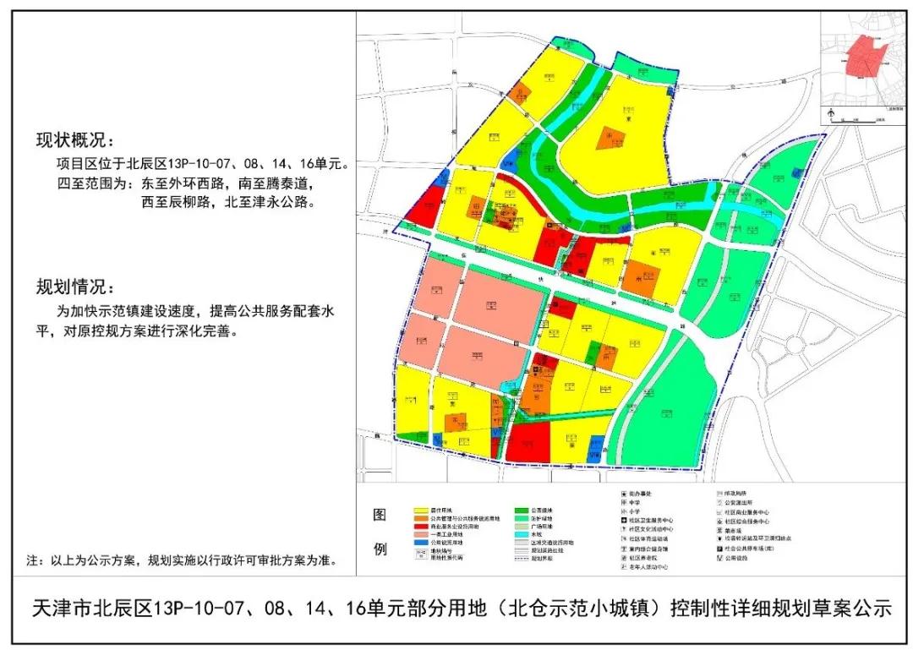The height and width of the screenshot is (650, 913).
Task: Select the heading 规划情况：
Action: pos(73,286)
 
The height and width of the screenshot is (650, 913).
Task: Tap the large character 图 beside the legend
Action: pos(380,515)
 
